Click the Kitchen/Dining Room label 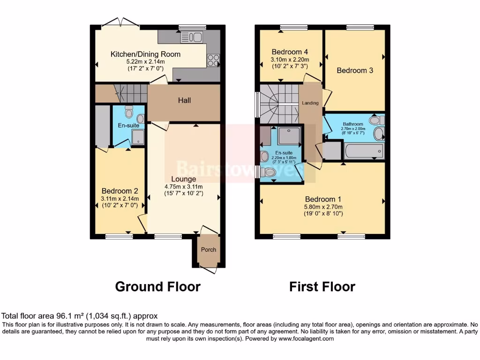[x=145, y=54]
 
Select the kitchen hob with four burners [x=213, y=60]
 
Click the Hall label [x=184, y=100]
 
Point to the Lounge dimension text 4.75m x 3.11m [x=183, y=187]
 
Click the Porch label [x=209, y=249]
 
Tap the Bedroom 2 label [x=120, y=191]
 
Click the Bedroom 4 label [x=290, y=52]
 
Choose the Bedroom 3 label [x=355, y=70]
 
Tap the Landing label [x=310, y=103]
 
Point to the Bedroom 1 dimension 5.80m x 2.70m [x=323, y=207]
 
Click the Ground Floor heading [x=157, y=286]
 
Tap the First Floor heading [x=322, y=286]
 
